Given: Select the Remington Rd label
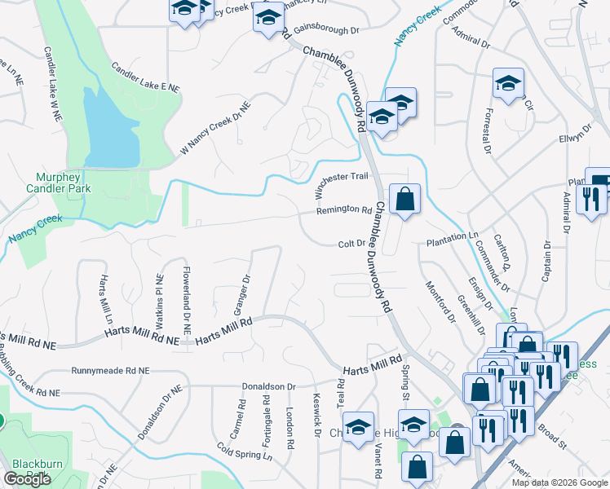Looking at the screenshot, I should (344, 209).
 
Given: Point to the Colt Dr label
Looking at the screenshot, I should (353, 244).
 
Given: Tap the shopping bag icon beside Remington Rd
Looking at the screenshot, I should (404, 198).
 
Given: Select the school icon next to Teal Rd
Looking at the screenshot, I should (358, 428).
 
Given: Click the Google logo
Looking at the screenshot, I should (27, 479).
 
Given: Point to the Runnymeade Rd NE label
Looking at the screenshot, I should (111, 370).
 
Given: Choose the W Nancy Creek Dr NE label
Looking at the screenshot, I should (215, 129).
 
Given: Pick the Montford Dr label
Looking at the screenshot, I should (441, 302).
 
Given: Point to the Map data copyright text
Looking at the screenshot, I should (559, 482).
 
